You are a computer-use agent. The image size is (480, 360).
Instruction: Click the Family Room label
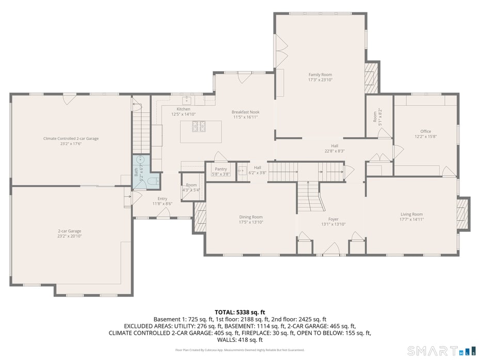click(320, 74)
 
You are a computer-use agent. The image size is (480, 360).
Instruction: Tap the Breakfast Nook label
click(245, 112)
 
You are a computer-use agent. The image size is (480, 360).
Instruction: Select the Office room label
click(425, 131)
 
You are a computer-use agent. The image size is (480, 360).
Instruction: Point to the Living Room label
click(411, 214)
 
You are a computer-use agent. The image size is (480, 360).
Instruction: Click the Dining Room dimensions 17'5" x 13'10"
click(251, 222)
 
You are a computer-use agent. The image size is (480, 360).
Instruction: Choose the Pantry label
click(221, 169)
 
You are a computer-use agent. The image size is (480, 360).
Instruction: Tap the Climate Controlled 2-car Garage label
click(71, 138)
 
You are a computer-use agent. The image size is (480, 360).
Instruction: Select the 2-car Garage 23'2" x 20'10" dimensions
click(69, 236)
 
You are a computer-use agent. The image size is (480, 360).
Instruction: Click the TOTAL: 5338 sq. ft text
click(239, 312)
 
